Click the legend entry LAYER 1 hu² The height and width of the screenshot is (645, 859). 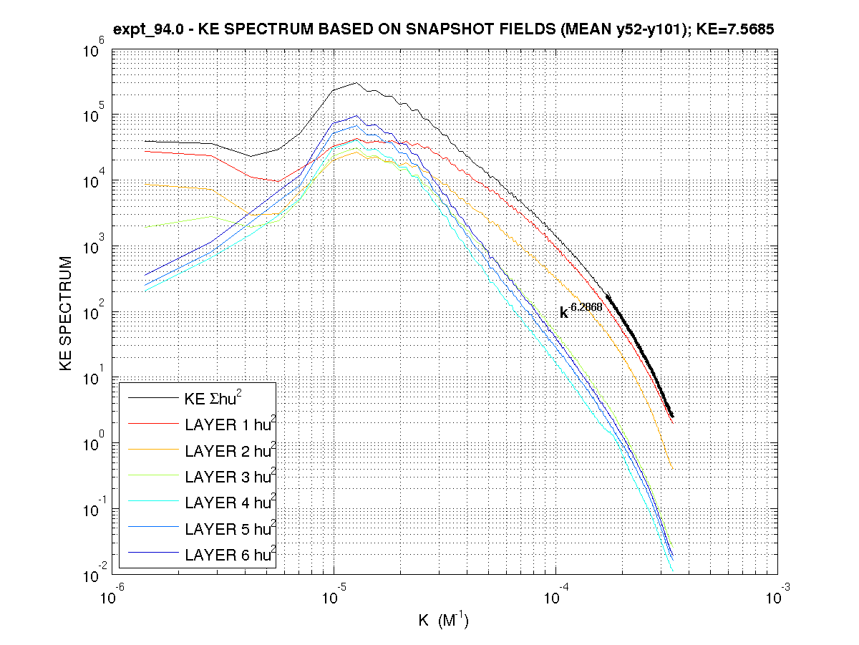tap(229, 425)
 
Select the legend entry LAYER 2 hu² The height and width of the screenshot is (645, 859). tap(229, 451)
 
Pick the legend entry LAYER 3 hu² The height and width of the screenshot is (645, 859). tap(229, 477)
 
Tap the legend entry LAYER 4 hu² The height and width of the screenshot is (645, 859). tap(229, 503)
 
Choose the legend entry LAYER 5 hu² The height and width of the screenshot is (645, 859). tap(229, 528)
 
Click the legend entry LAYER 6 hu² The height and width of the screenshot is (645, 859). tap(229, 554)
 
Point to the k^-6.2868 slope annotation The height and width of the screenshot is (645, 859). tap(580, 310)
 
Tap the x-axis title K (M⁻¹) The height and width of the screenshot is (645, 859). tap(443, 620)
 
